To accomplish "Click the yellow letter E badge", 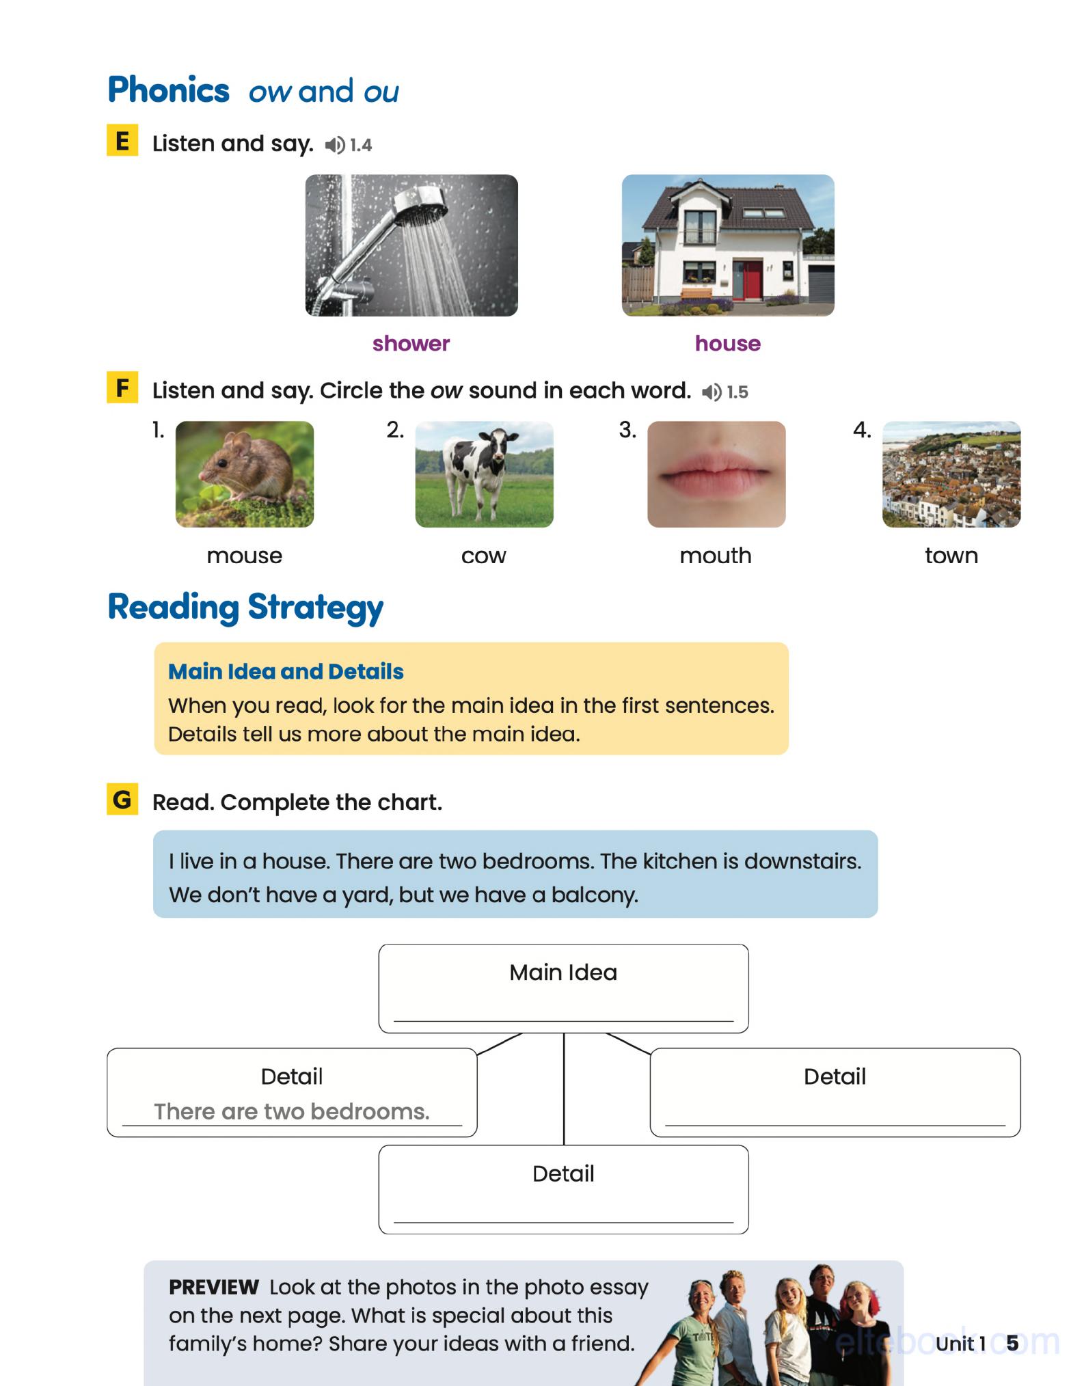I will pos(122,141).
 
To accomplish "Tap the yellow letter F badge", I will pos(122,388).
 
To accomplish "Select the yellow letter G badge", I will pos(122,799).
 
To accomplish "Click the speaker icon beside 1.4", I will pos(334,145).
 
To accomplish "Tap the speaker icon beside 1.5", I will pos(712,392).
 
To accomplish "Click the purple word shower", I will pos(411,343).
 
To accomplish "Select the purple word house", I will pos(727,343).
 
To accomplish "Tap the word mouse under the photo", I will pos(244,556).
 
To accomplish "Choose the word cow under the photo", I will pos(483,556).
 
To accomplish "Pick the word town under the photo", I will pos(951,556).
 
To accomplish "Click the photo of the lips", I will pos(716,474).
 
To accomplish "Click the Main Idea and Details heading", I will pos(286,671).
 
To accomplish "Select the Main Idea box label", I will pos(563,972).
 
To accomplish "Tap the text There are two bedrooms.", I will pos(292,1111).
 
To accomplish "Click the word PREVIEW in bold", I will pos(213,1287).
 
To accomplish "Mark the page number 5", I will pos(1012,1343).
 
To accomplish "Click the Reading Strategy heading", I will pos(245,607).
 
